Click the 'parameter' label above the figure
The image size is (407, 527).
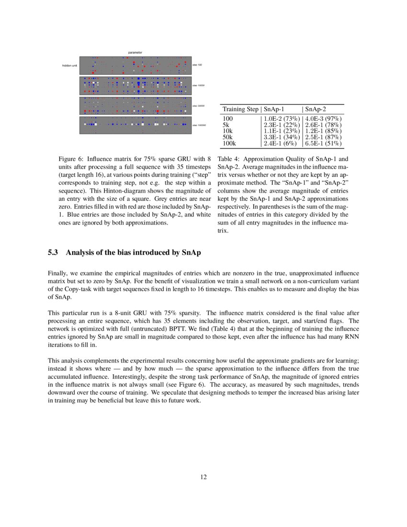(x=135, y=52)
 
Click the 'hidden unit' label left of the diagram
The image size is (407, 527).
(x=70, y=65)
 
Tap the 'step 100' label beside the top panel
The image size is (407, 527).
(x=197, y=65)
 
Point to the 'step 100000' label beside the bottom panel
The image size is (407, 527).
(x=199, y=126)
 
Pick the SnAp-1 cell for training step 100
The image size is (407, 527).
(x=281, y=118)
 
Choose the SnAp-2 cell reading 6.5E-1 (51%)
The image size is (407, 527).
(x=323, y=143)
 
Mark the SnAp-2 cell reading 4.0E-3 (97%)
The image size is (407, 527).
(x=323, y=118)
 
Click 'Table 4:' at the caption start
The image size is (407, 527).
(x=230, y=159)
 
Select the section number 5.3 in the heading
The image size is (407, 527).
(x=53, y=252)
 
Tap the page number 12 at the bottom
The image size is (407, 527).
(x=203, y=477)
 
